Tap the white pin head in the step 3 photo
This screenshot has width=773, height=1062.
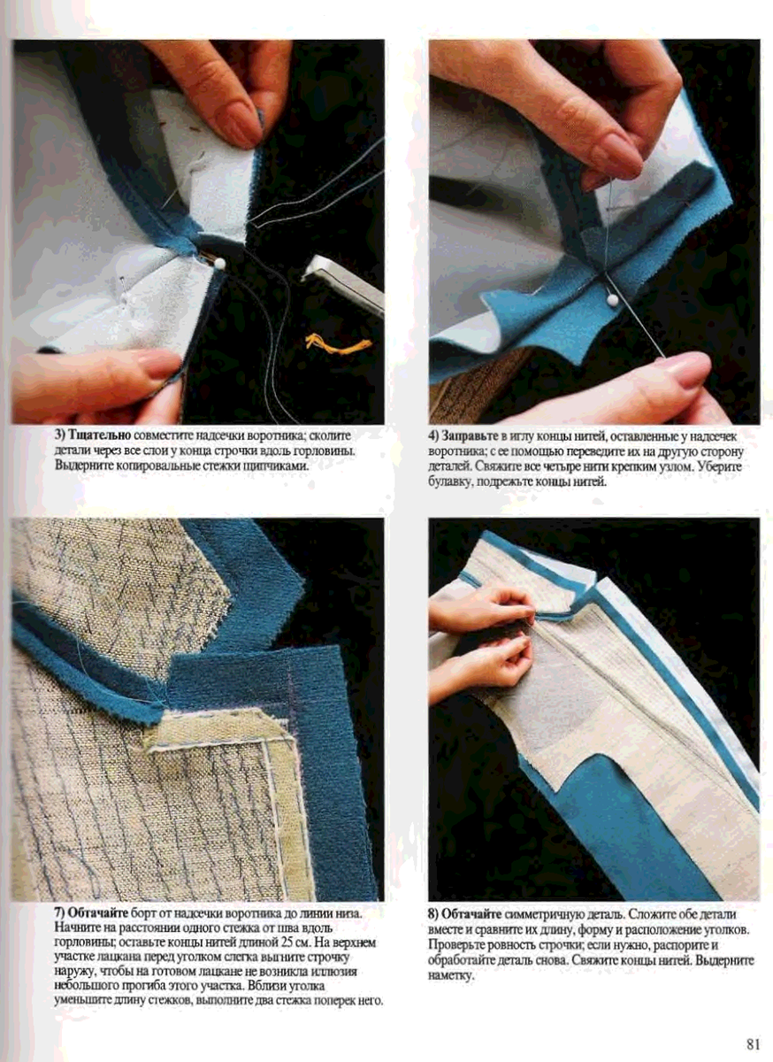tap(219, 263)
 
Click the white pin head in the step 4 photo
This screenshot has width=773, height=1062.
tap(613, 299)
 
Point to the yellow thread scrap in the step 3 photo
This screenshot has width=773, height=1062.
tap(338, 343)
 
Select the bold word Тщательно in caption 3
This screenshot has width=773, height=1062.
tap(100, 435)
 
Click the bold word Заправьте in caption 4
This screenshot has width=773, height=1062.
tap(471, 435)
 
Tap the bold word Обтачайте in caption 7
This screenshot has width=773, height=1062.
tap(98, 912)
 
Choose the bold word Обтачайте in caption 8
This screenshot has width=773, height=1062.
tap(471, 913)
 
